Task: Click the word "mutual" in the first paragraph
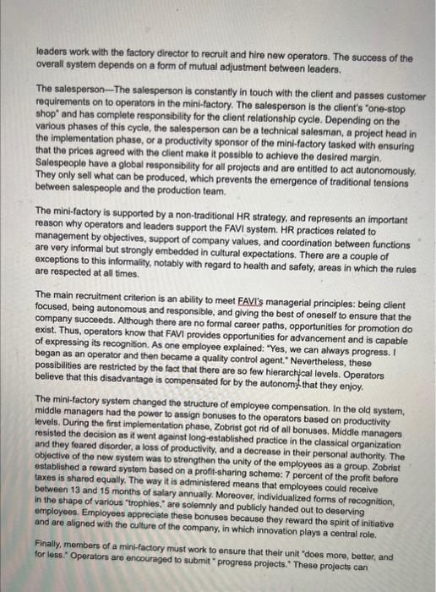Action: (x=197, y=69)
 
